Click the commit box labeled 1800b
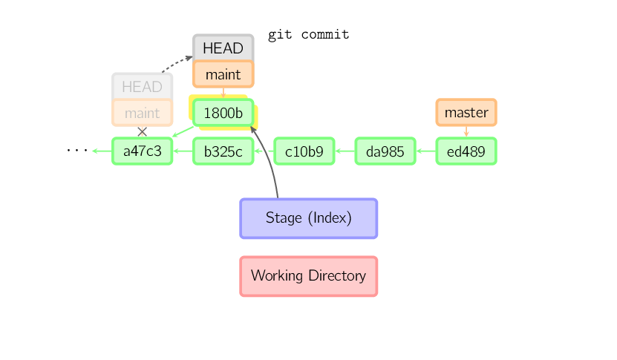pyautogui.click(x=223, y=113)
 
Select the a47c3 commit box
pyautogui.click(x=143, y=151)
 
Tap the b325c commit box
pyautogui.click(x=223, y=151)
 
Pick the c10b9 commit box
pyautogui.click(x=304, y=151)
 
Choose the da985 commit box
pyautogui.click(x=385, y=151)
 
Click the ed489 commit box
pyautogui.click(x=466, y=151)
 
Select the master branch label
pyautogui.click(x=466, y=113)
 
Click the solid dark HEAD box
pyautogui.click(x=223, y=48)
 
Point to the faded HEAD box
pyautogui.click(x=143, y=87)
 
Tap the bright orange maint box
pyautogui.click(x=223, y=74)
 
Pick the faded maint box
pyautogui.click(x=143, y=113)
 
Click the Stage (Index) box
pyautogui.click(x=309, y=218)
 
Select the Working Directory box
pyautogui.click(x=309, y=276)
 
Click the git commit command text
pyautogui.click(x=308, y=35)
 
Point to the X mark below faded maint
pyautogui.click(x=143, y=131)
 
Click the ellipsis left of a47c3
pyautogui.click(x=76, y=151)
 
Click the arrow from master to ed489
pyautogui.click(x=466, y=131)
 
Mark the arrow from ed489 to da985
pyautogui.click(x=425, y=151)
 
